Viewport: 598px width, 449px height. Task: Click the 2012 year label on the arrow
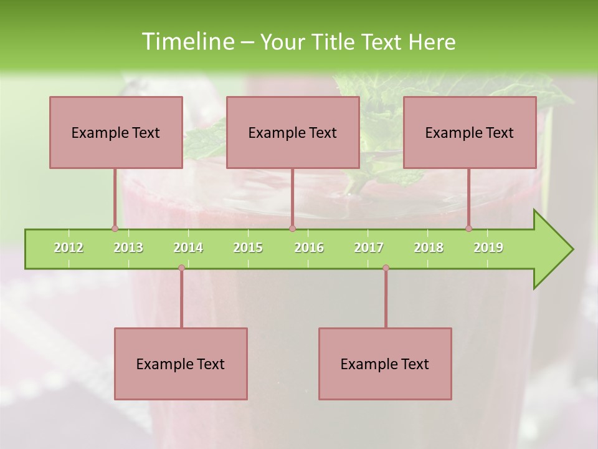(69, 248)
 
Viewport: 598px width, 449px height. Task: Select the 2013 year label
(128, 248)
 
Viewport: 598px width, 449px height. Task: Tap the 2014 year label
(188, 248)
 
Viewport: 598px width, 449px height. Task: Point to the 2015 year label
(248, 248)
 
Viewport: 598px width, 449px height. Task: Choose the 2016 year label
(309, 248)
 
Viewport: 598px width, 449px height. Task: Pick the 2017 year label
(369, 248)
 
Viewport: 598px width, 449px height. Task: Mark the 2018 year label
(429, 248)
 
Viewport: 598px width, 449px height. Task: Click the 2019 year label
(488, 248)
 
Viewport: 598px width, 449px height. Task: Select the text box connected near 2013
(116, 132)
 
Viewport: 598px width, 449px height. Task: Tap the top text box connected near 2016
(293, 132)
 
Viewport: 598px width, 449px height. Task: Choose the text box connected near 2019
(470, 132)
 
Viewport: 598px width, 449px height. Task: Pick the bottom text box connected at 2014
(181, 364)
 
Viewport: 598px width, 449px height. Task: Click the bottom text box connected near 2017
(385, 364)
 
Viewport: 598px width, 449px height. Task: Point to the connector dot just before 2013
(115, 229)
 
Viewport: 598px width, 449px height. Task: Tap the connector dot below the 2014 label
(181, 268)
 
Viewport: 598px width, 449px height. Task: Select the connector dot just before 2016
(292, 229)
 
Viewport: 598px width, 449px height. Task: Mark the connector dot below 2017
(386, 268)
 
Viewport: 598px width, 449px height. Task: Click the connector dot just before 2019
(468, 229)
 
